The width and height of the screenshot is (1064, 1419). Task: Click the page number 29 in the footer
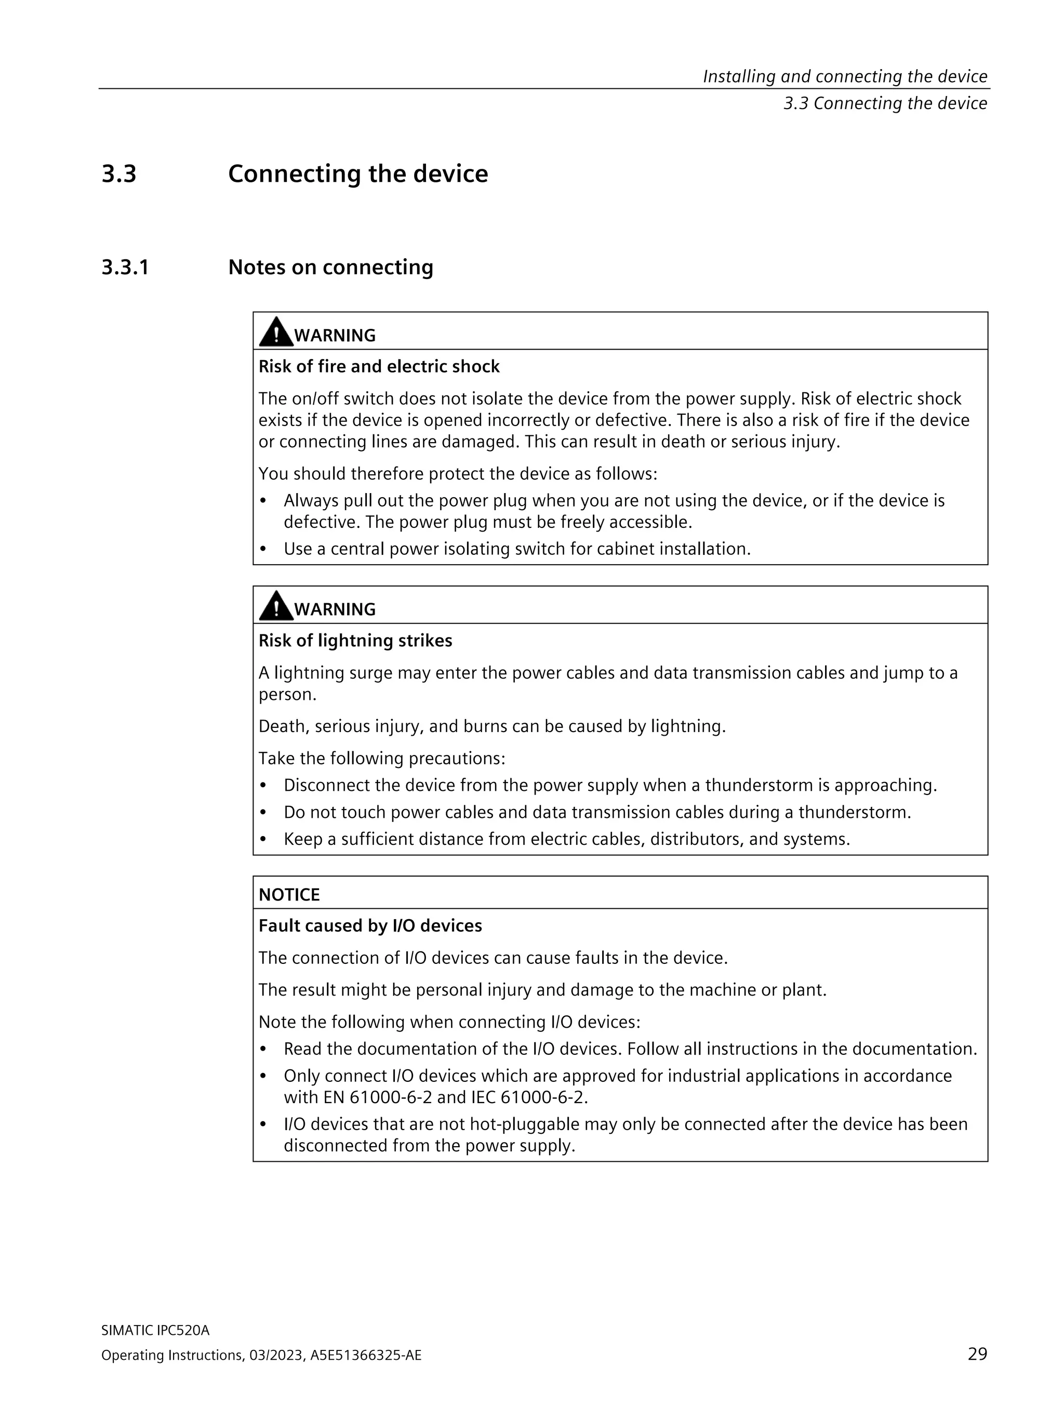[x=977, y=1354]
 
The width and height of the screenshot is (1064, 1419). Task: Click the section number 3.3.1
[x=125, y=268]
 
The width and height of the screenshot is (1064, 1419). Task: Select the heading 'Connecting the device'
[x=358, y=174]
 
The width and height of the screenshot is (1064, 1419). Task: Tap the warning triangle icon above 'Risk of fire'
[x=276, y=333]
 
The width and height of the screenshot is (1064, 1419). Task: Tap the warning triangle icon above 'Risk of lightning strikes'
[x=276, y=606]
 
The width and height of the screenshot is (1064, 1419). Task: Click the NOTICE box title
[x=289, y=894]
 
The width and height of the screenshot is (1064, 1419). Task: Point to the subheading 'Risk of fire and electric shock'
[x=378, y=366]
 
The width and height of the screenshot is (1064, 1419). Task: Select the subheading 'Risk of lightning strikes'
[x=355, y=640]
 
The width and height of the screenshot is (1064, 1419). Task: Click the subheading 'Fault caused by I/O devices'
[x=370, y=926]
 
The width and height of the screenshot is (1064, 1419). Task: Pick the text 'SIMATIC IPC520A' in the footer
[x=155, y=1330]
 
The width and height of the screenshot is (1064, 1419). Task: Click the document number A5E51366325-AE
[x=366, y=1355]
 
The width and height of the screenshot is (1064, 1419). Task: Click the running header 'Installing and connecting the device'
[x=845, y=76]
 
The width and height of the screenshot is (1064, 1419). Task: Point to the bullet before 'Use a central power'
[x=263, y=549]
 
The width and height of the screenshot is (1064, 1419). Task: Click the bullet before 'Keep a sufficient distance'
[x=263, y=839]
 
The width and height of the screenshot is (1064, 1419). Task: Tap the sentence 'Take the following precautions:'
[x=382, y=758]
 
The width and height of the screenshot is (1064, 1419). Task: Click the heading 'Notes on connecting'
[x=330, y=268]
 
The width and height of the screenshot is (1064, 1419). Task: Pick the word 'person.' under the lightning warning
[x=287, y=695]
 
